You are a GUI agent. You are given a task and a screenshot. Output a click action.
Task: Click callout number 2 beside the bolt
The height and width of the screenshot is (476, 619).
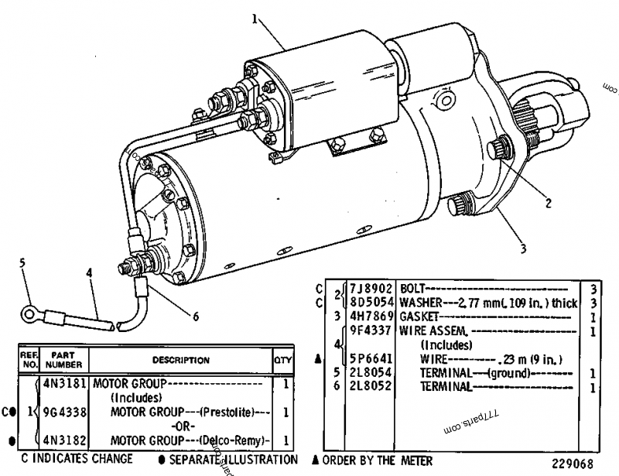pyautogui.click(x=548, y=204)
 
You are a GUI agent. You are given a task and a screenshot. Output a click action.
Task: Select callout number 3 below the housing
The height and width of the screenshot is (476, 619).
pyautogui.click(x=523, y=249)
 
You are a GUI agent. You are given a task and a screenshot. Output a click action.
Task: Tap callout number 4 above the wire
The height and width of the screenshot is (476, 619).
pyautogui.click(x=89, y=272)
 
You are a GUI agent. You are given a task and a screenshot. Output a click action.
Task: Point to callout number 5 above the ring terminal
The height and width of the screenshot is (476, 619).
pyautogui.click(x=22, y=262)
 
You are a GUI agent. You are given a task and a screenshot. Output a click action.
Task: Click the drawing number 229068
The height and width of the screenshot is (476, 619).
pyautogui.click(x=573, y=464)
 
